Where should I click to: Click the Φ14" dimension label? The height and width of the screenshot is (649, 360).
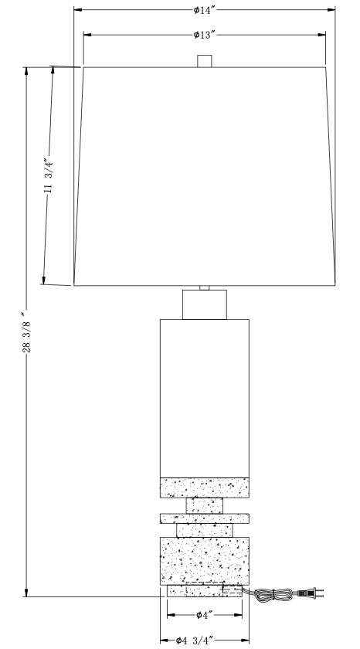205,10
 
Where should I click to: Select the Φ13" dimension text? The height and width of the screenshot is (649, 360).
205,35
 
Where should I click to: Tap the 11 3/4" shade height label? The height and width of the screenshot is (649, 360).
49,175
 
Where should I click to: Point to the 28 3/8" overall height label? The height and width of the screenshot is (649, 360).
26,332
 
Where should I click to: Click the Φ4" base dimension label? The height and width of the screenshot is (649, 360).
205,615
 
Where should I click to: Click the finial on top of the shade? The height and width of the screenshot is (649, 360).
205,61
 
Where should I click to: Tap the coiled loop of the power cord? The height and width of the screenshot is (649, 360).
273,595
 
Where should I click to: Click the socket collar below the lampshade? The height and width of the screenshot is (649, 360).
205,304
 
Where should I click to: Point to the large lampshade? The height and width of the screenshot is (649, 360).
205,176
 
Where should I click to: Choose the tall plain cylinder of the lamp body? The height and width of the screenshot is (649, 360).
205,398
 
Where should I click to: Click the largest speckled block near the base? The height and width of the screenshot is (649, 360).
205,561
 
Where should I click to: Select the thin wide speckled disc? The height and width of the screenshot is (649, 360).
205,518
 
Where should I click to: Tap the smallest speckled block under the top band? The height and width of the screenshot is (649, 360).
205,506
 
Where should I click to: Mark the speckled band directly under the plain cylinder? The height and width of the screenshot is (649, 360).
205,488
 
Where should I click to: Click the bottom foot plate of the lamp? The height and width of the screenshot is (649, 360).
205,590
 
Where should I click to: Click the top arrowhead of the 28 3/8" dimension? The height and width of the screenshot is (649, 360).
26,71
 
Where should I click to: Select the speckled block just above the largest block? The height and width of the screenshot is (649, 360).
205,530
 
